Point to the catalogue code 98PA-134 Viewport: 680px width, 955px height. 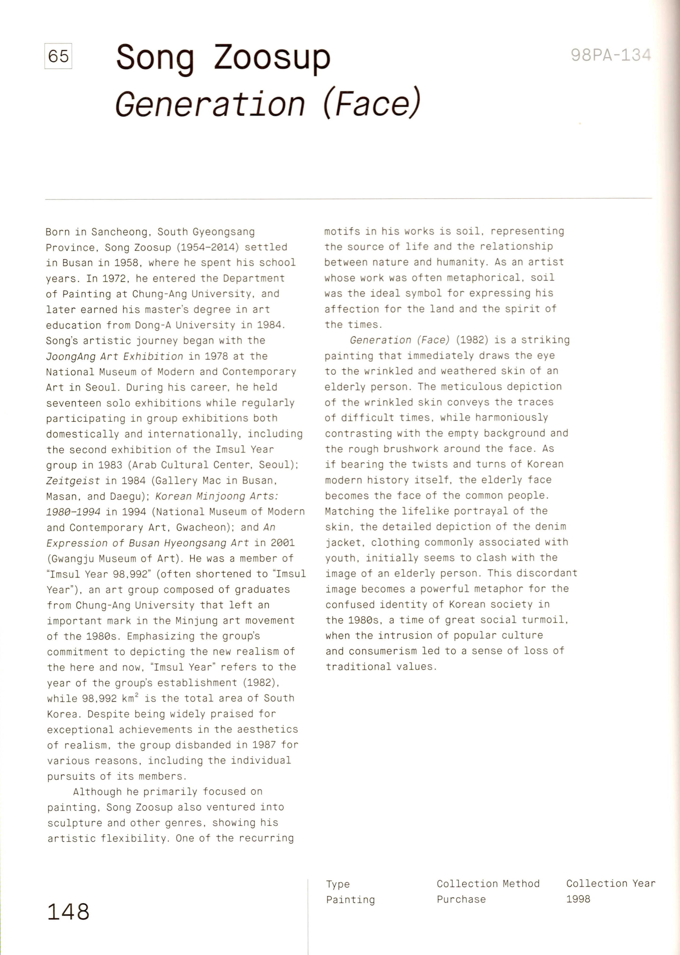tap(611, 55)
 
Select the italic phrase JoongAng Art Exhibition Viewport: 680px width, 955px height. tap(114, 356)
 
